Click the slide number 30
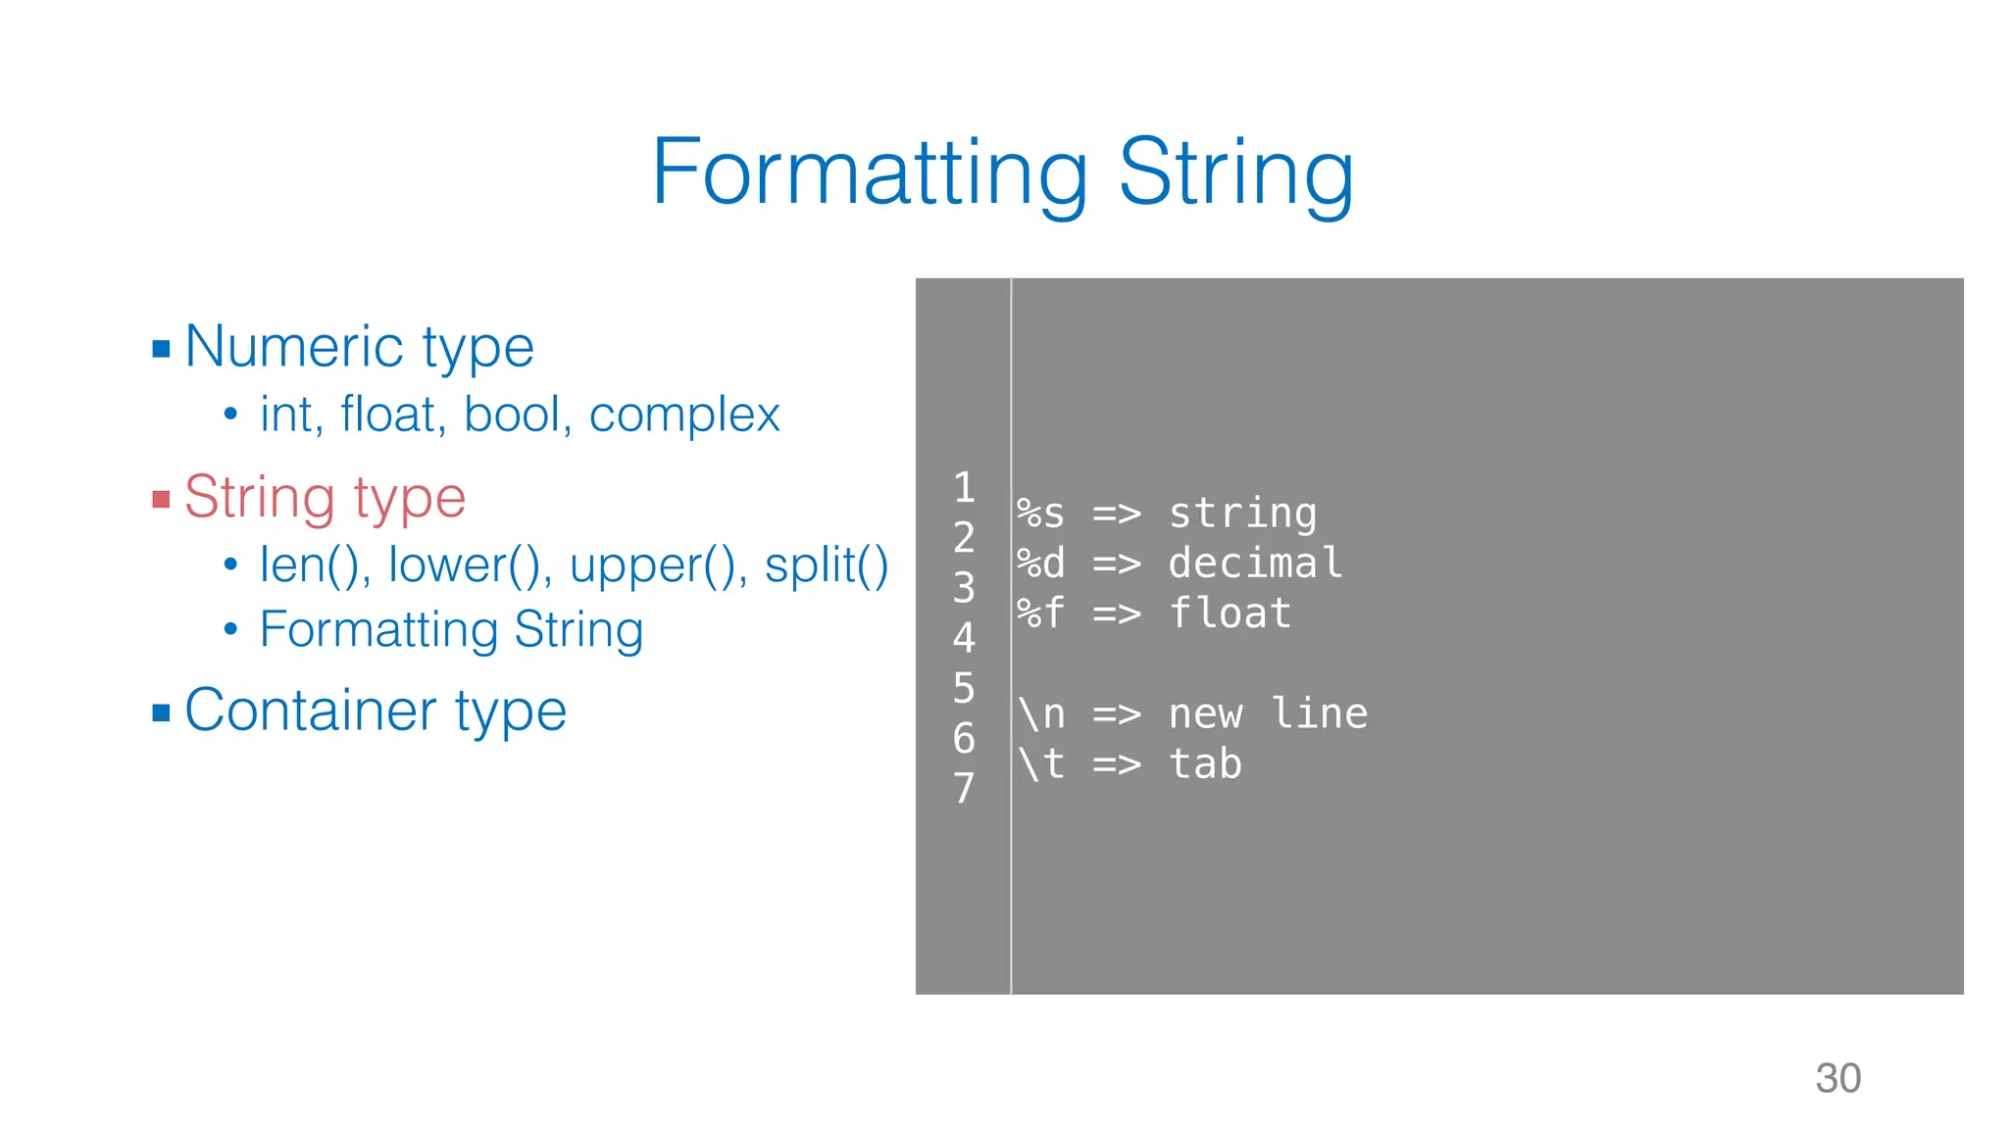pyautogui.click(x=1837, y=1078)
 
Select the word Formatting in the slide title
pyautogui.click(x=870, y=173)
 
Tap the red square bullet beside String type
pyautogui.click(x=162, y=501)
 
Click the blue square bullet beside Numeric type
pyautogui.click(x=162, y=349)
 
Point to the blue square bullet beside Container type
pyautogui.click(x=162, y=712)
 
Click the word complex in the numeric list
pyautogui.click(x=684, y=416)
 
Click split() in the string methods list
pyautogui.click(x=826, y=565)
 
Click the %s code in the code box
pyautogui.click(x=1040, y=514)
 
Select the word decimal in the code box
pyautogui.click(x=1255, y=564)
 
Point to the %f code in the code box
pyautogui.click(x=1040, y=614)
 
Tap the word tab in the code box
pyautogui.click(x=1205, y=764)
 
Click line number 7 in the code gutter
pyautogui.click(x=964, y=788)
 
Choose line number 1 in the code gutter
pyautogui.click(x=964, y=487)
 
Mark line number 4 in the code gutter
pyautogui.click(x=964, y=638)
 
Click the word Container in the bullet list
pyautogui.click(x=310, y=711)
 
